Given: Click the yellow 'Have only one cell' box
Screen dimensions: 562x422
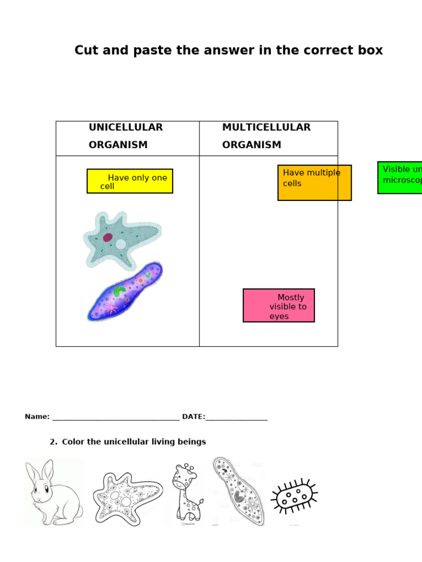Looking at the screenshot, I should click(130, 181).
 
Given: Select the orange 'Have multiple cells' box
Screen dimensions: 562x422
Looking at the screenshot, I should click(314, 182).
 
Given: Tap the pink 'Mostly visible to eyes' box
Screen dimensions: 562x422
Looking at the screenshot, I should click(279, 305).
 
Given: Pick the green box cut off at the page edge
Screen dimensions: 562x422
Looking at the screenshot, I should click(400, 177).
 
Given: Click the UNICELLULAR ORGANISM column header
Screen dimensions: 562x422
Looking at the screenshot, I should click(126, 136).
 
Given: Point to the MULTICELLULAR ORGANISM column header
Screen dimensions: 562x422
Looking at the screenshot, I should click(266, 136).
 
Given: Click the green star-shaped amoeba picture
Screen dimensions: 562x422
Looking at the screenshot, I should click(121, 240).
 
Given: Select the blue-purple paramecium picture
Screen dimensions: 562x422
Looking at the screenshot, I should click(125, 291).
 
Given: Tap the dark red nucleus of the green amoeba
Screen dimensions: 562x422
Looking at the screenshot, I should click(108, 238).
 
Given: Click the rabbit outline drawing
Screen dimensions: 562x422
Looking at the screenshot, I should click(53, 493).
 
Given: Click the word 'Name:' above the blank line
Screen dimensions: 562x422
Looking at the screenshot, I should click(37, 417).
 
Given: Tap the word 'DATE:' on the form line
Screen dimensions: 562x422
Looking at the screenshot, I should click(193, 417).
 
